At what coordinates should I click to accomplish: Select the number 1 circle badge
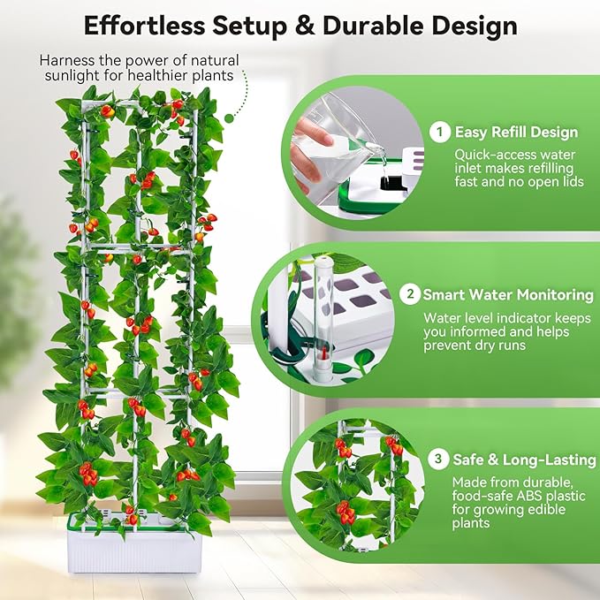coord(439,133)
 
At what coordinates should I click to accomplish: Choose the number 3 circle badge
coord(437,459)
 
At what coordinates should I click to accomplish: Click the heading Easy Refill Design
coord(516,133)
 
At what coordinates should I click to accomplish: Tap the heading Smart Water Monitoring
coord(508,295)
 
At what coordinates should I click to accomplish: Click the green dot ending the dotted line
coord(230,117)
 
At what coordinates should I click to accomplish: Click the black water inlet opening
coord(388,184)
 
